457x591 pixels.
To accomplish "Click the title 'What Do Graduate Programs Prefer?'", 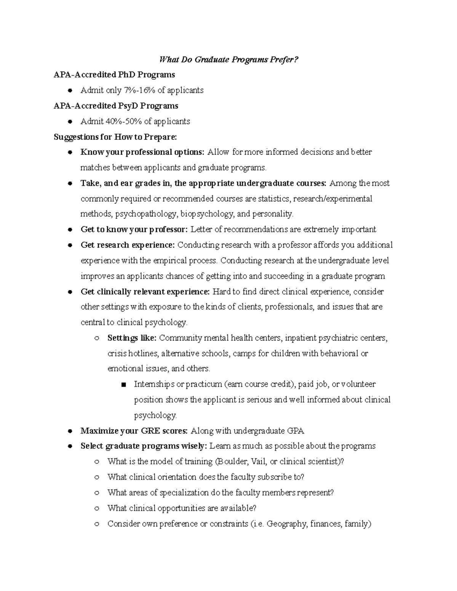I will click(x=228, y=59).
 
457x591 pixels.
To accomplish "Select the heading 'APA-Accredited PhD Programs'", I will click(x=114, y=75).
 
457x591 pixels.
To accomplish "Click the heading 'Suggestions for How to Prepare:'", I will click(x=115, y=137).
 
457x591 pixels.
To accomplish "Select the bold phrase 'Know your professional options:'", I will click(x=142, y=152).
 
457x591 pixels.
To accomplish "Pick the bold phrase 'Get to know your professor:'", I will click(x=134, y=229).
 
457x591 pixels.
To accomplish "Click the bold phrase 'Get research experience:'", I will click(x=128, y=245).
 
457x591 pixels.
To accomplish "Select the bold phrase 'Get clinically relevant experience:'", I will click(x=145, y=292).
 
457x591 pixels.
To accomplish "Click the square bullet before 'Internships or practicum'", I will click(x=123, y=385).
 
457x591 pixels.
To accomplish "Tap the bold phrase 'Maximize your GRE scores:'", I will click(x=134, y=431).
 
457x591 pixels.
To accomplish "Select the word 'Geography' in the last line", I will click(x=286, y=524).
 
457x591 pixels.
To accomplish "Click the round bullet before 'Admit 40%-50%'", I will click(x=70, y=121).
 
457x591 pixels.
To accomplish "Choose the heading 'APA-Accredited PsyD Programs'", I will click(x=116, y=106).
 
